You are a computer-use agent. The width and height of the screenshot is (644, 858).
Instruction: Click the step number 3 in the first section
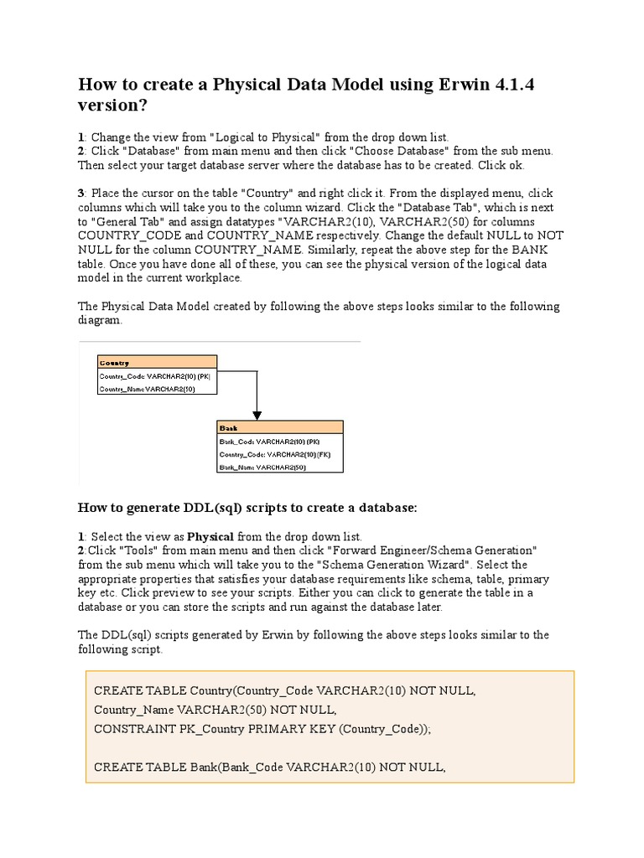coord(80,194)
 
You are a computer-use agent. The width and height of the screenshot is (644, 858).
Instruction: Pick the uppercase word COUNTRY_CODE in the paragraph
coord(120,235)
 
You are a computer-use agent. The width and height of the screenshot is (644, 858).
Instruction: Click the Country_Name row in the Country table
coord(148,389)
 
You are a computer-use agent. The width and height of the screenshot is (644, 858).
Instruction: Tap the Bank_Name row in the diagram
coord(262,467)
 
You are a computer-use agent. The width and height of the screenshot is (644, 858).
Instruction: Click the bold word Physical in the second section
coord(210,536)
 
